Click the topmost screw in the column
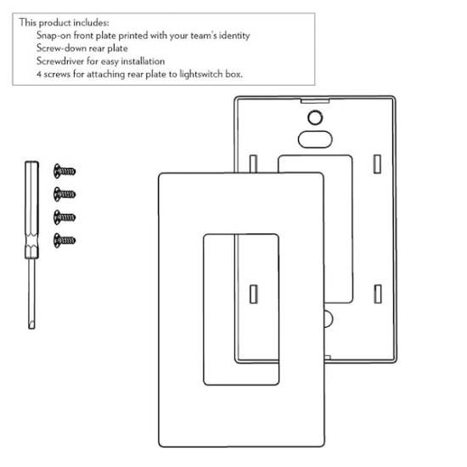[x=65, y=171]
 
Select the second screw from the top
[x=65, y=194]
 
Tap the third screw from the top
[x=65, y=217]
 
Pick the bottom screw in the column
[x=65, y=240]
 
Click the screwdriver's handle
[x=31, y=210]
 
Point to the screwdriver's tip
[x=31, y=328]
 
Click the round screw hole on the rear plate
[x=315, y=117]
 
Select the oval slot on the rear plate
[x=315, y=139]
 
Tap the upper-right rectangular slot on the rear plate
[x=377, y=164]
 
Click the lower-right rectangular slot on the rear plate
[x=378, y=294]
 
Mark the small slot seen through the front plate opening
[x=254, y=295]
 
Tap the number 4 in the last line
[x=39, y=74]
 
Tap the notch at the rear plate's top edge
[x=315, y=101]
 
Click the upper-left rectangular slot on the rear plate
[x=253, y=164]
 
